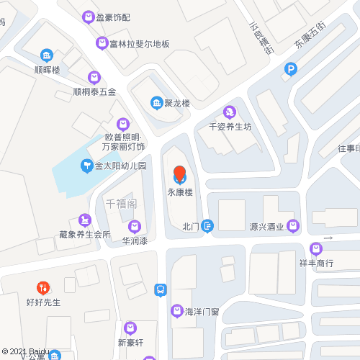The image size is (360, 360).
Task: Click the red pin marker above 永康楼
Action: [x=180, y=174]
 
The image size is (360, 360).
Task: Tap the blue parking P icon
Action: [x=290, y=70]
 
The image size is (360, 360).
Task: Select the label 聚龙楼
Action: [x=175, y=103]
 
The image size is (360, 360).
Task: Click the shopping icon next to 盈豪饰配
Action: [x=89, y=17]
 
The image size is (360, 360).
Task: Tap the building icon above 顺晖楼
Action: [x=47, y=55]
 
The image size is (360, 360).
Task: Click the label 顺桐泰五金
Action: [x=94, y=91]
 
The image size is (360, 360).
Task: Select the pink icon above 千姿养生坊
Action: [x=230, y=112]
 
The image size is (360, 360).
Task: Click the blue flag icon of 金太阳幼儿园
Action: [x=86, y=166]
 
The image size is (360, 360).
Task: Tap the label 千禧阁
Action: [x=121, y=204]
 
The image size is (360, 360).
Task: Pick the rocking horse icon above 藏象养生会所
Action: [x=86, y=219]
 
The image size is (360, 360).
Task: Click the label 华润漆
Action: [x=135, y=241]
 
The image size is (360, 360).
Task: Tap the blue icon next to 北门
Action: [x=207, y=226]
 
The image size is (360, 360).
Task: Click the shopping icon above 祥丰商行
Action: [x=316, y=248]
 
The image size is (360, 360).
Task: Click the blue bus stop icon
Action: [x=161, y=290]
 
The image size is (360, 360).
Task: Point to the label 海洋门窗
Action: [x=202, y=312]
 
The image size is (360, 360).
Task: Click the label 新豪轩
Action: [x=131, y=342]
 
